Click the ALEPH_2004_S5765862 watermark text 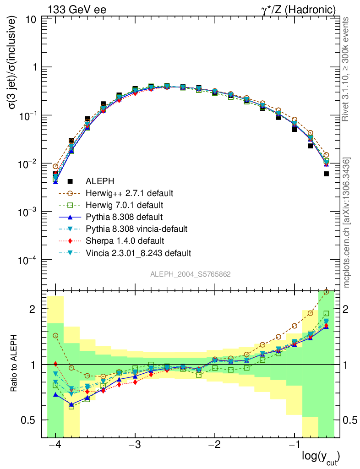click(191, 274)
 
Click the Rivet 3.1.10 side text click(347, 69)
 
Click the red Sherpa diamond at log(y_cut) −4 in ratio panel click(55, 364)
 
